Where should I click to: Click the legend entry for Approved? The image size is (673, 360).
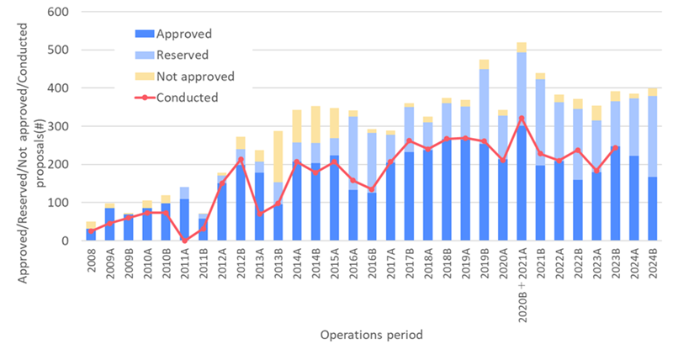183,34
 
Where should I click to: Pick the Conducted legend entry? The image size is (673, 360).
188,98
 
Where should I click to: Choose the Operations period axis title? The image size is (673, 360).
372,335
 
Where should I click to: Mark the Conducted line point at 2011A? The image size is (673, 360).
185,241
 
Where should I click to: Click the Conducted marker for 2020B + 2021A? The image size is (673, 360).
522,119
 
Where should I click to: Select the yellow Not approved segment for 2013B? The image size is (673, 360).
278,156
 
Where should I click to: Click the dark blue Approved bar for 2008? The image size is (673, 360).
90,235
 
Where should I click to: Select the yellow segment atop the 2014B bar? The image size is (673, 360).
315,124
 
